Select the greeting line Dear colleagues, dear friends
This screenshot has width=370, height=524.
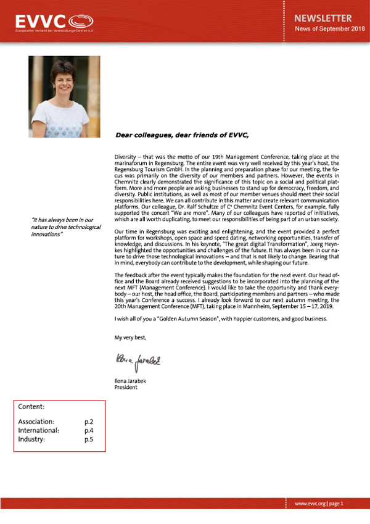pos(182,134)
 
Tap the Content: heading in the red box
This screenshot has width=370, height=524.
pos(31,407)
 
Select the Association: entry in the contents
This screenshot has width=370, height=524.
pos(38,421)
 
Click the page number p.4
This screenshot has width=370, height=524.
pos(88,430)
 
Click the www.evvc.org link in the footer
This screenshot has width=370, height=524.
pos(310,504)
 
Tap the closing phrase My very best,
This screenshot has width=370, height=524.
pos(131,338)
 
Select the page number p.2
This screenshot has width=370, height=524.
pos(88,421)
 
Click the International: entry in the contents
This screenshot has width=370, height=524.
pos(38,430)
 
